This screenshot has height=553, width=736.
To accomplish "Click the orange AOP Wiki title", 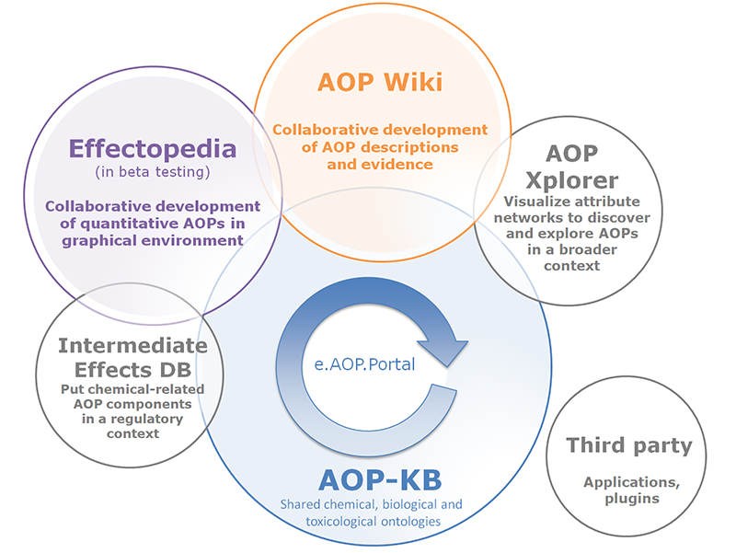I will [380, 83].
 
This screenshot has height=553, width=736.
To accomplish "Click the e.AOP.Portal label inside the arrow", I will [364, 364].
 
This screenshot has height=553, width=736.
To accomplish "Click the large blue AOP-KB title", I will [379, 480].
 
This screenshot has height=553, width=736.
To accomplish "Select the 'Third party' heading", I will [629, 446].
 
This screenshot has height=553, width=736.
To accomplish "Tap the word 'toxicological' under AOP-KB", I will [342, 522].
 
